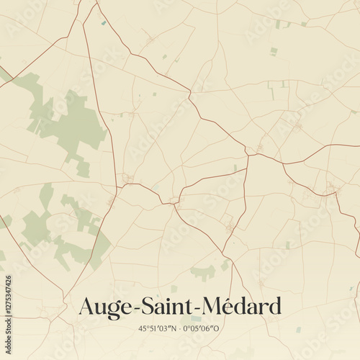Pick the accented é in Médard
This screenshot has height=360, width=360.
228,307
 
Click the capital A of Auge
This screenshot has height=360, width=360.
85,306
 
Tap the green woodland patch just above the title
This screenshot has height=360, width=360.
203,273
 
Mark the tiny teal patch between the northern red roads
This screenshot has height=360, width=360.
104,24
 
